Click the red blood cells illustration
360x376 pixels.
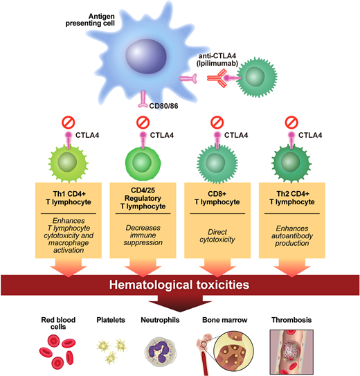tap(60, 349)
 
